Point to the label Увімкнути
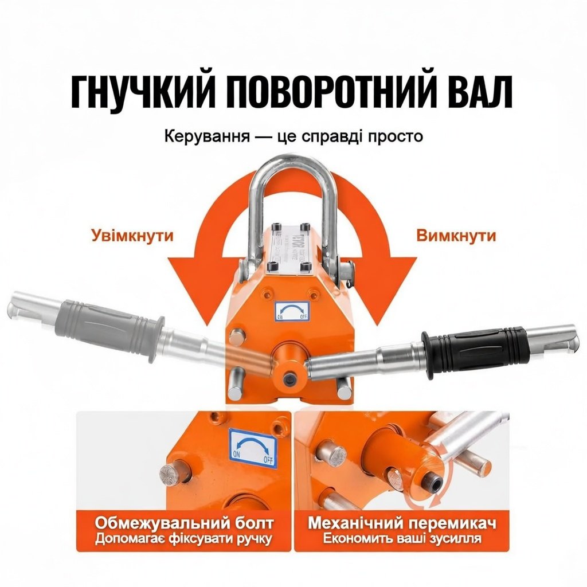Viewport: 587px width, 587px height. click(132, 236)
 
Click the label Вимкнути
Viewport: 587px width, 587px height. click(456, 236)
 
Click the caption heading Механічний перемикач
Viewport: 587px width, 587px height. click(401, 523)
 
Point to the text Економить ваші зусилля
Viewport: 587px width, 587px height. click(401, 539)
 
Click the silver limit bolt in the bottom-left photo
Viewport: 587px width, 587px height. click(170, 473)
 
